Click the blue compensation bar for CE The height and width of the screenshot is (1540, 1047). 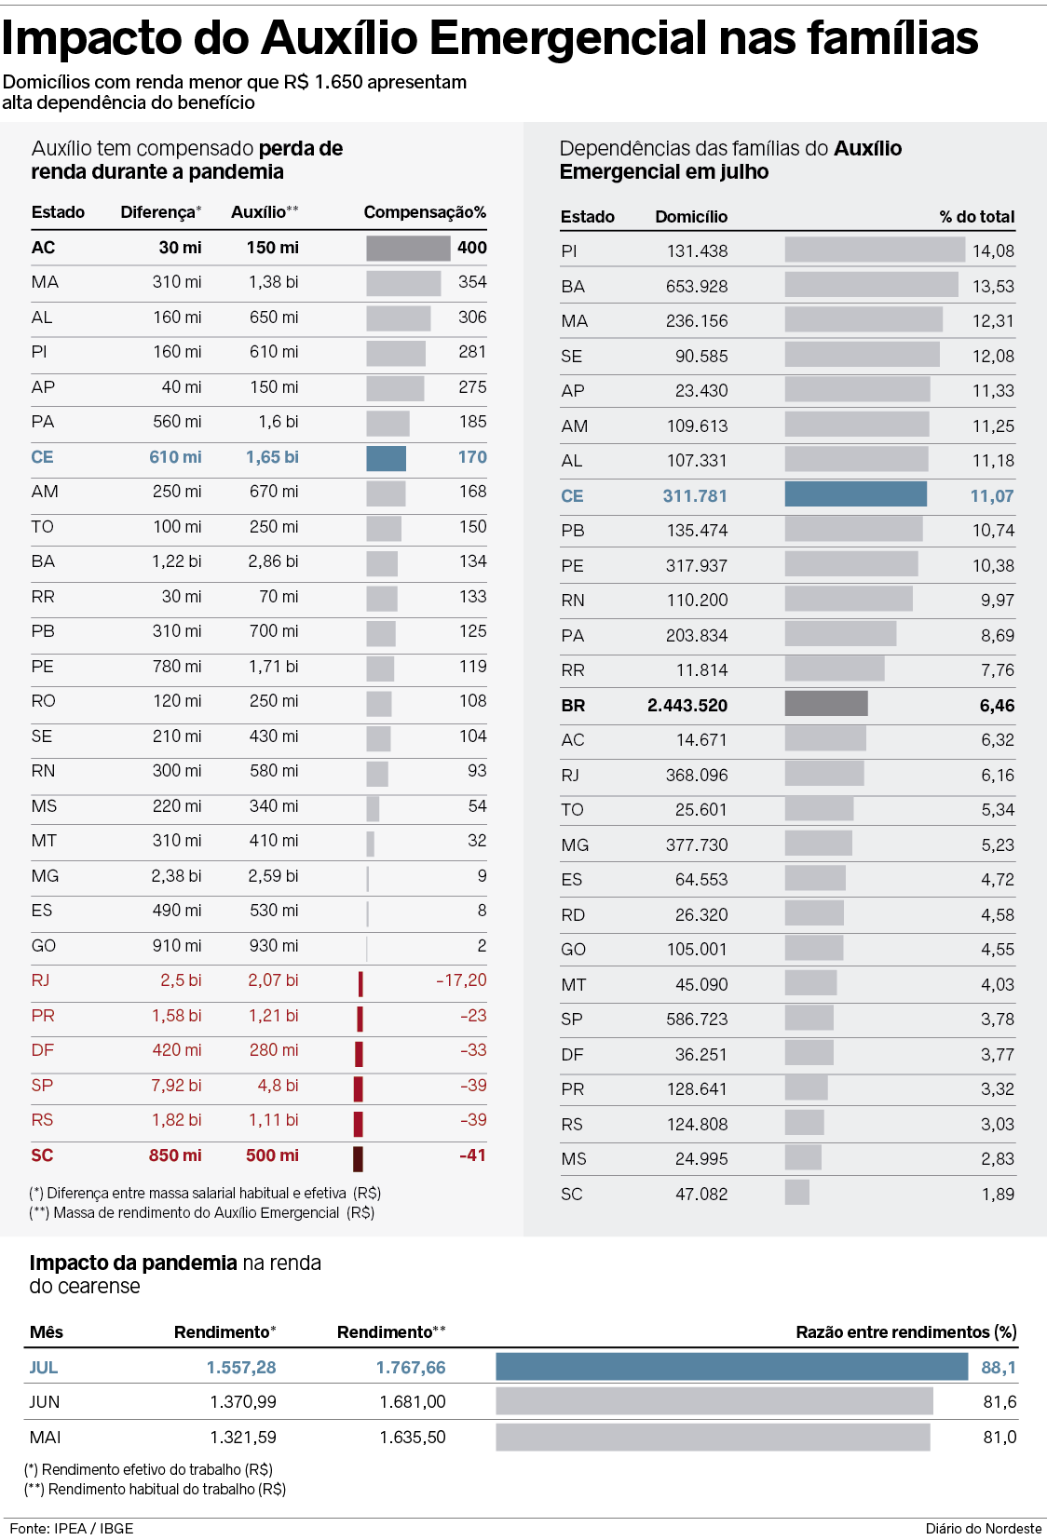coord(386,458)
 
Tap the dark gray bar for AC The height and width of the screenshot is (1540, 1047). coord(407,248)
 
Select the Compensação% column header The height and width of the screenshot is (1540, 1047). coord(425,212)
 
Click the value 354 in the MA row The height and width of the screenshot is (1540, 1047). coord(472,282)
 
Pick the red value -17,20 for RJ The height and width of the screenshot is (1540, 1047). coord(461,980)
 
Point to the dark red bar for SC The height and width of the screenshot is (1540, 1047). coord(358,1158)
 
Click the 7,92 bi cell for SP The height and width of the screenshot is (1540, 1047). coord(176,1086)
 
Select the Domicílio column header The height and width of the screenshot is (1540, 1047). coord(691,217)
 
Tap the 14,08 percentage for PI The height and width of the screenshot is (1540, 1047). coord(993,251)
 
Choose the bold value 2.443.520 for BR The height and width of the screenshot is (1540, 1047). coord(687,706)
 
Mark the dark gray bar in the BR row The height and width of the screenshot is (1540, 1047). coord(826,704)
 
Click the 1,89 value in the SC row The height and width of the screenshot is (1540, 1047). coord(998,1195)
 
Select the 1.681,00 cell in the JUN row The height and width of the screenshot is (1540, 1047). coord(413,1402)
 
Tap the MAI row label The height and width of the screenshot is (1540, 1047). coord(45,1438)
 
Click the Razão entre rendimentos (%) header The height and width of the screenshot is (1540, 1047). coord(905,1332)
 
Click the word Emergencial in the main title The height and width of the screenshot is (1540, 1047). coord(568,39)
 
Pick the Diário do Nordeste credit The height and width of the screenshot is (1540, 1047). coord(983,1529)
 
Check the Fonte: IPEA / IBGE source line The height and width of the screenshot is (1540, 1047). coord(72,1529)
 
